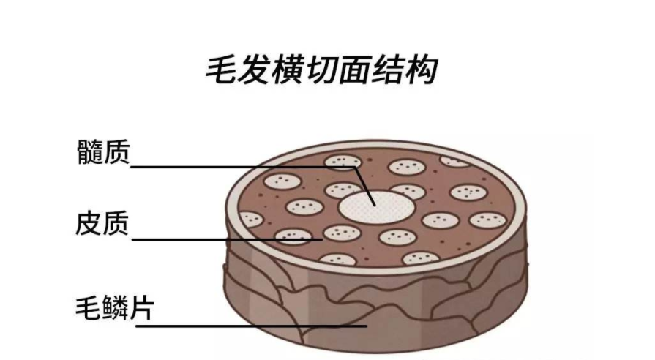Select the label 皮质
[102, 224]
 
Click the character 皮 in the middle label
[89, 224]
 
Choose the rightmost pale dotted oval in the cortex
[488, 220]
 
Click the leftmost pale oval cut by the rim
[251, 219]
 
